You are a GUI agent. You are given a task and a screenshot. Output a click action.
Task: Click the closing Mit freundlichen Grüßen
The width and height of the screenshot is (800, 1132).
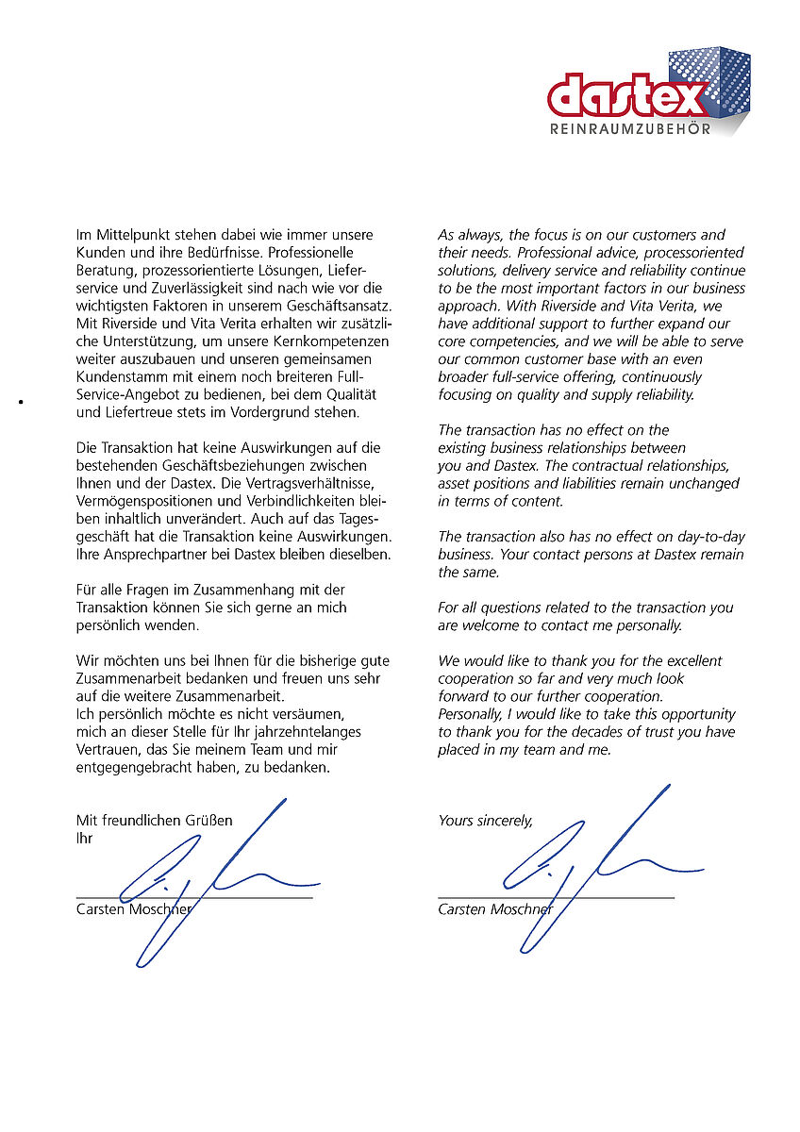154,821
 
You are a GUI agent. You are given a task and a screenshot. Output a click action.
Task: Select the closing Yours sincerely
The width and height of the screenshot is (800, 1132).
485,821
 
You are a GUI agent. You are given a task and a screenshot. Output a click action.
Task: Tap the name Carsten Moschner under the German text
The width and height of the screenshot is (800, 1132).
134,910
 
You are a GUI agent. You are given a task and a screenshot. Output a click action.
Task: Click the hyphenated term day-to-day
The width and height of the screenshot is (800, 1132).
708,537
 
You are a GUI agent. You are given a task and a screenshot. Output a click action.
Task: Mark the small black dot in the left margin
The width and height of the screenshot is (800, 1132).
19,403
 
